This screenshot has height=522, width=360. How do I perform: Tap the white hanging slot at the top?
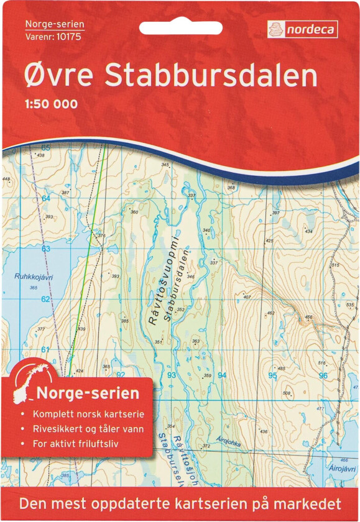(180, 28)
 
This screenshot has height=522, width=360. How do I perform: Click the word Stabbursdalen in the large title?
(211, 75)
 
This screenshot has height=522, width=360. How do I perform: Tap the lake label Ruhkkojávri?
(29, 279)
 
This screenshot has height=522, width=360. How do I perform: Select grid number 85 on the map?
(45, 147)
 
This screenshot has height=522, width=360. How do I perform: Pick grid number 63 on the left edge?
(45, 249)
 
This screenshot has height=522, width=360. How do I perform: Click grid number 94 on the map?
(222, 375)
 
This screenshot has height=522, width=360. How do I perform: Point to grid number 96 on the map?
(323, 375)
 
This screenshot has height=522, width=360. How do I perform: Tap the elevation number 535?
(350, 304)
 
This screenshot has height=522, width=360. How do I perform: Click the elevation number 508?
(287, 393)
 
